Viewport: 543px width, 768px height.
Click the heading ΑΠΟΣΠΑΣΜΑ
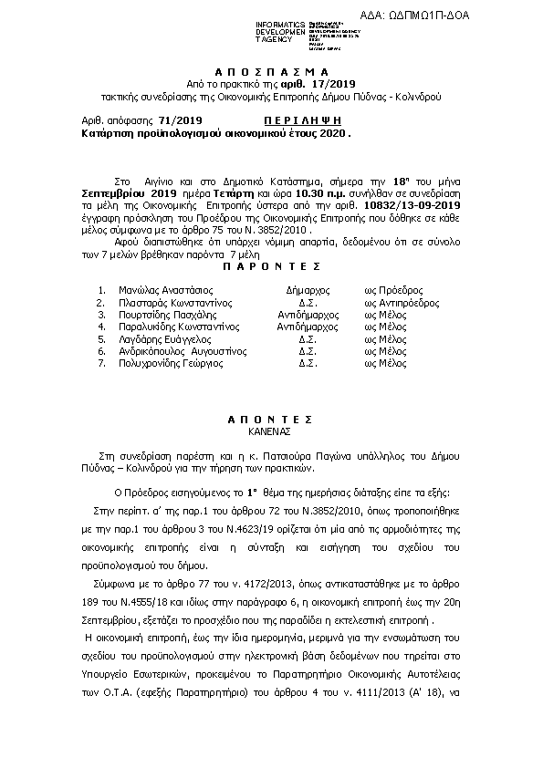click(270, 71)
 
